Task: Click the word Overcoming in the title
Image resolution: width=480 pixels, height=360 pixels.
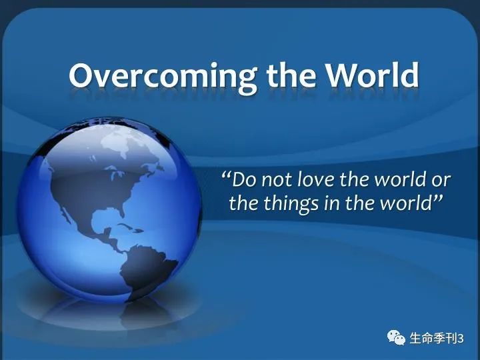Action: pyautogui.click(x=163, y=77)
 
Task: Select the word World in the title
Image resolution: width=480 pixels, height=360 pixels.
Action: pyautogui.click(x=372, y=75)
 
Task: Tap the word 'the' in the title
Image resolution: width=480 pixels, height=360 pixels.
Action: pyautogui.click(x=291, y=75)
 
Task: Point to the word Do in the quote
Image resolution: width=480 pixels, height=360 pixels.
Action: pyautogui.click(x=244, y=179)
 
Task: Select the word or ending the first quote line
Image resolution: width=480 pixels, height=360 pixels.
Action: pyautogui.click(x=441, y=181)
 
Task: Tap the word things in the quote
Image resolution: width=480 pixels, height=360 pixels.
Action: pyautogui.click(x=291, y=204)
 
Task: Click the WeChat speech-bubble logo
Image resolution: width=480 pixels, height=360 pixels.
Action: pyautogui.click(x=396, y=337)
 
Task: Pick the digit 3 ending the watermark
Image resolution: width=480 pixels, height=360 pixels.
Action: pyautogui.click(x=461, y=339)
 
